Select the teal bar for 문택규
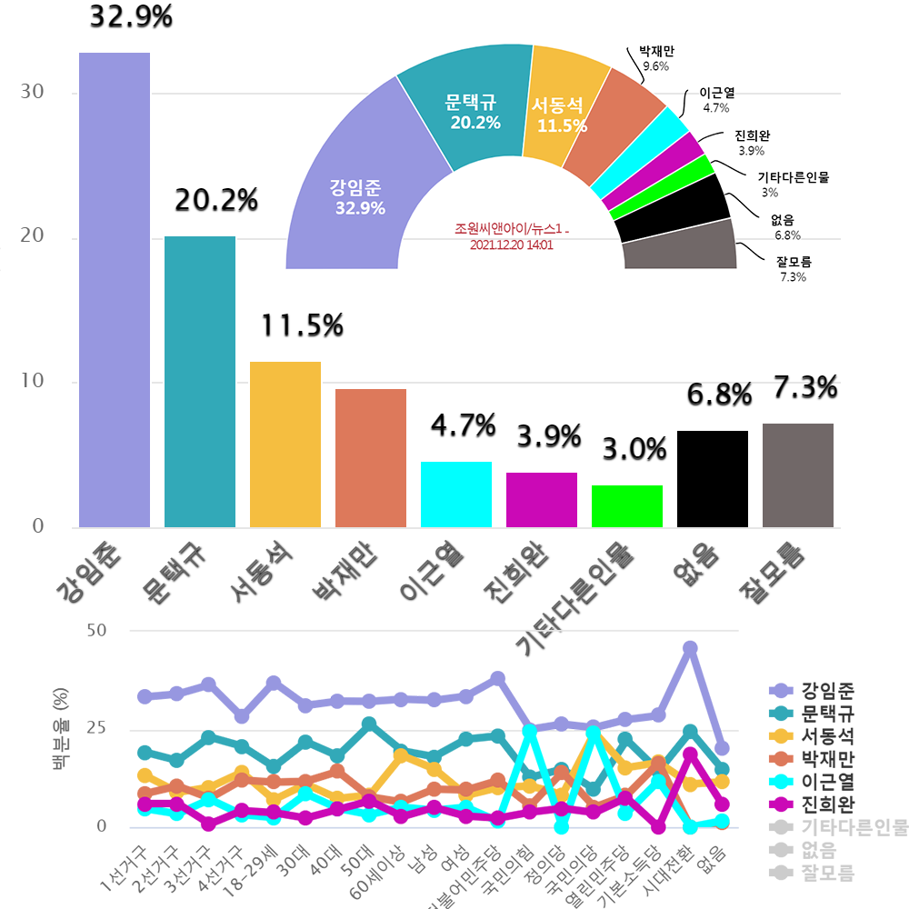[x=200, y=381]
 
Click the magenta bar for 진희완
[x=542, y=499]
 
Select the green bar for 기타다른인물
[x=627, y=505]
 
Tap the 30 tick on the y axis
[x=33, y=93]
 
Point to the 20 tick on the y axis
[x=33, y=237]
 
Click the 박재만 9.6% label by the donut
[x=656, y=59]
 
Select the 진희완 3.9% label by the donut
[x=753, y=144]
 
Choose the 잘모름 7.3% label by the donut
[x=793, y=270]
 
